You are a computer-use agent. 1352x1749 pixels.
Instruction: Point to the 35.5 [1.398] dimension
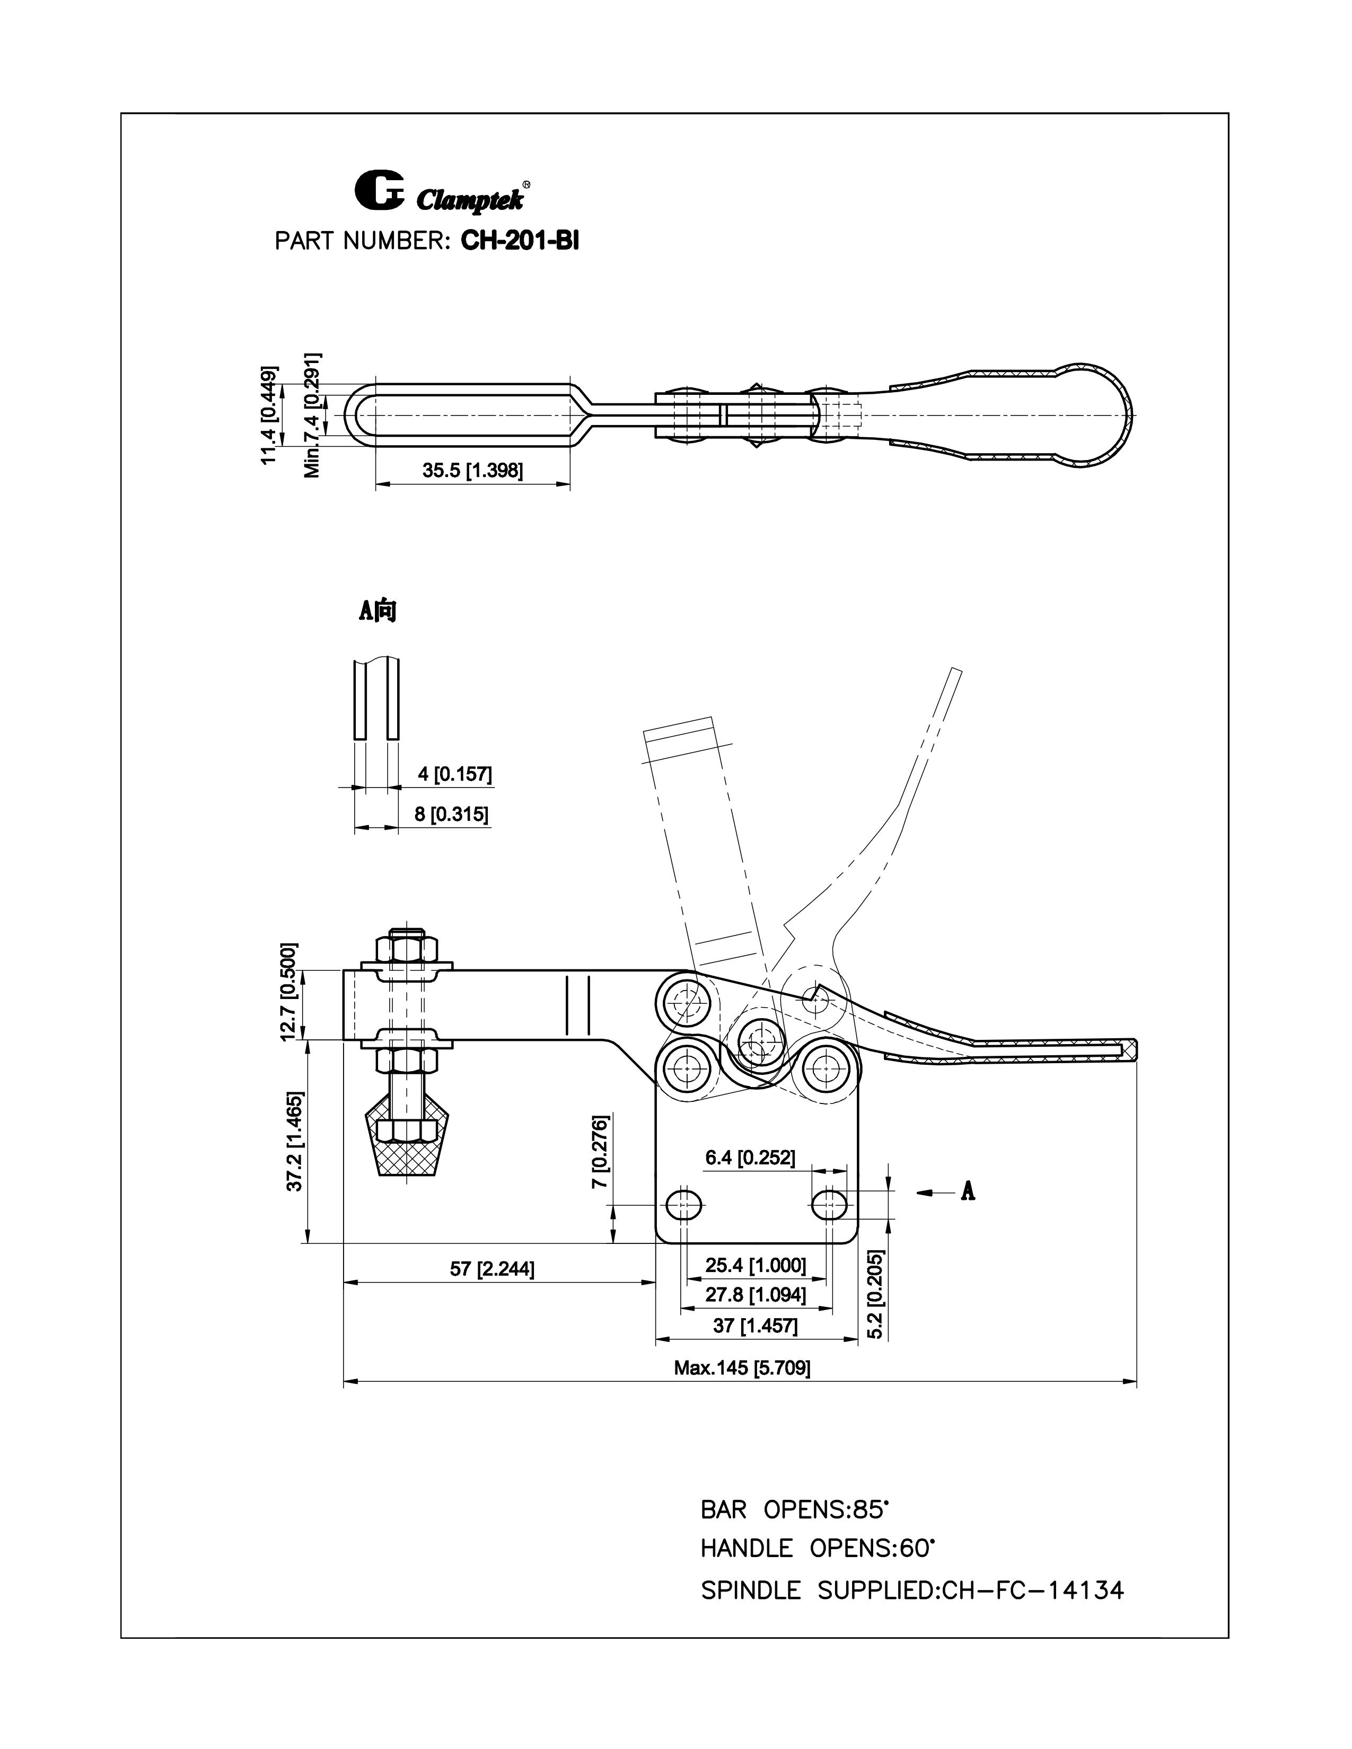(x=472, y=471)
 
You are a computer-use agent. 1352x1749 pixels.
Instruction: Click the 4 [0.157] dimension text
(x=454, y=774)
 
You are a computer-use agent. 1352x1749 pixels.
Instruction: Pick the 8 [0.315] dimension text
(x=451, y=815)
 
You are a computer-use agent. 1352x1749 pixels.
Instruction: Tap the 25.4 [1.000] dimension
(x=756, y=1265)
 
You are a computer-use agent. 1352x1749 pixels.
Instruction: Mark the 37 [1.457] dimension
(x=756, y=1326)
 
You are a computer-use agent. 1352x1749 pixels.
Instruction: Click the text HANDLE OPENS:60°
(x=817, y=1548)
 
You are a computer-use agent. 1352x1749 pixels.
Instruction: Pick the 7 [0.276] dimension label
(x=601, y=1151)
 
